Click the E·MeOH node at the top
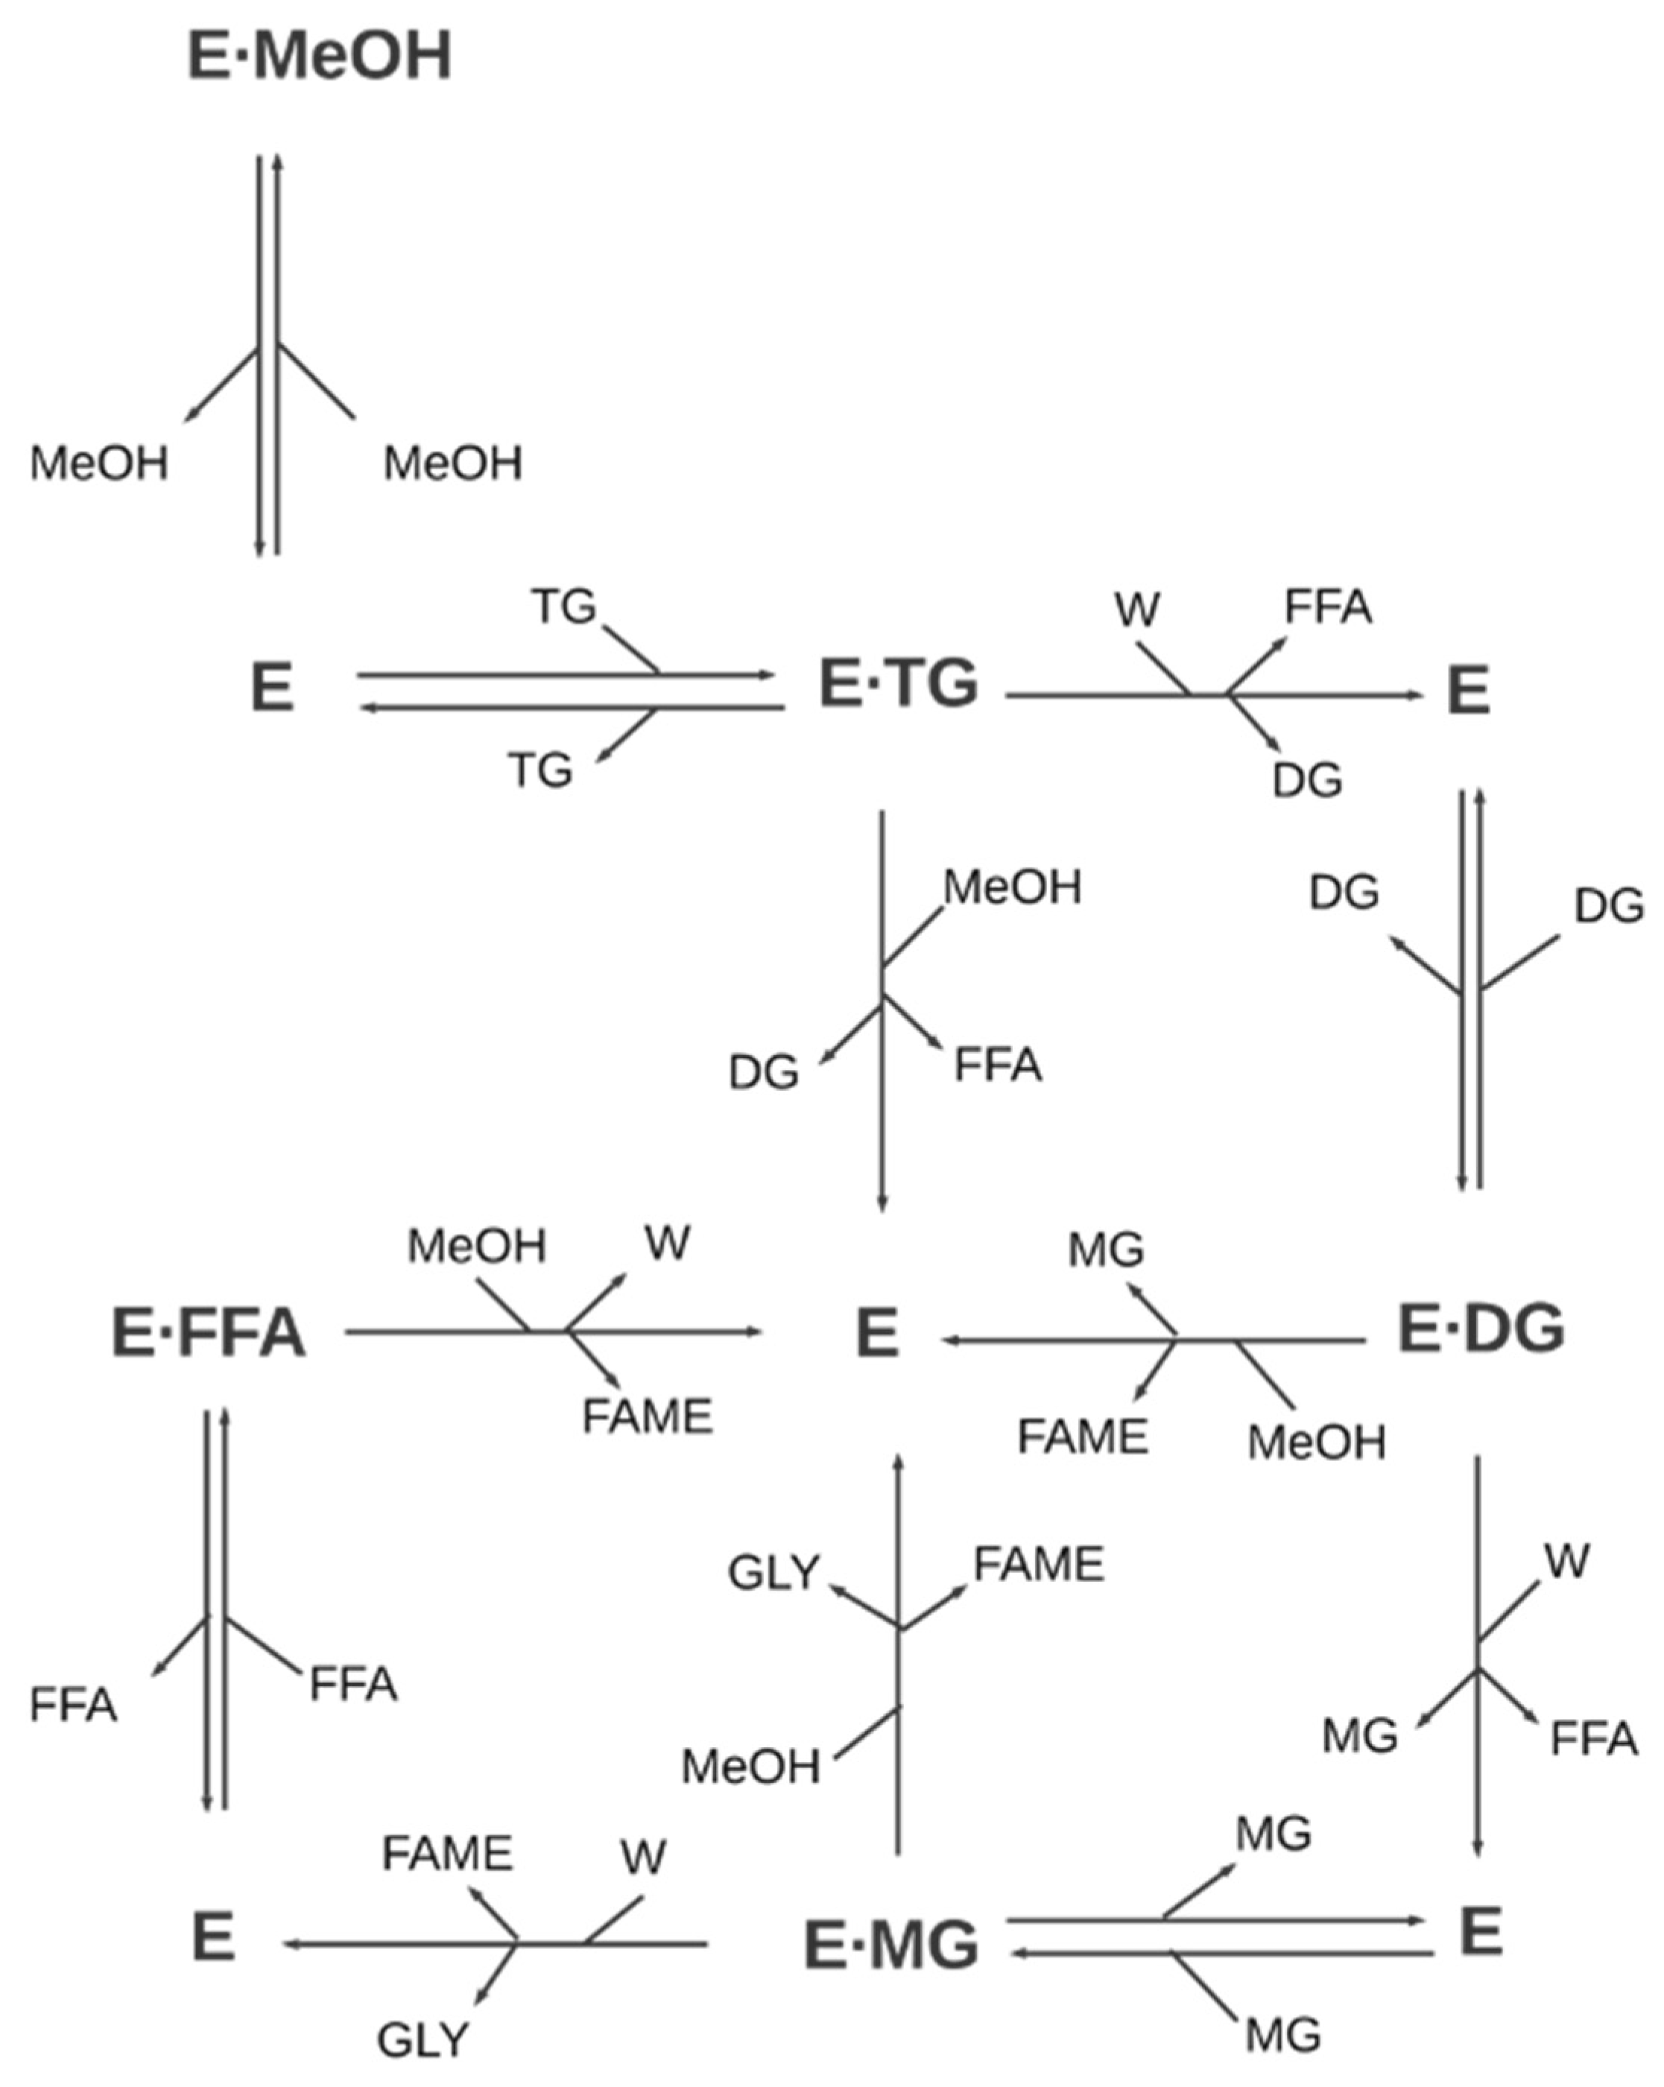(320, 56)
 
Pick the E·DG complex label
(1481, 1329)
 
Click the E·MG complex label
(891, 1945)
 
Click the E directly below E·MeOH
(272, 688)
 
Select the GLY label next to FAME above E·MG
(774, 1573)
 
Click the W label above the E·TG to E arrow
(1136, 609)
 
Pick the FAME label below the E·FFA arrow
(647, 1418)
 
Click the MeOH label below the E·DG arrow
(1317, 1443)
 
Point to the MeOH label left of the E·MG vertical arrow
(750, 1767)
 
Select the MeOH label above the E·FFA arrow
(476, 1247)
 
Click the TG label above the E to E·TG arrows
(564, 608)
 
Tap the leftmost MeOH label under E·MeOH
(98, 463)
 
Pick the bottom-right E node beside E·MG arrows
(1480, 1933)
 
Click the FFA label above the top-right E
(1328, 608)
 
